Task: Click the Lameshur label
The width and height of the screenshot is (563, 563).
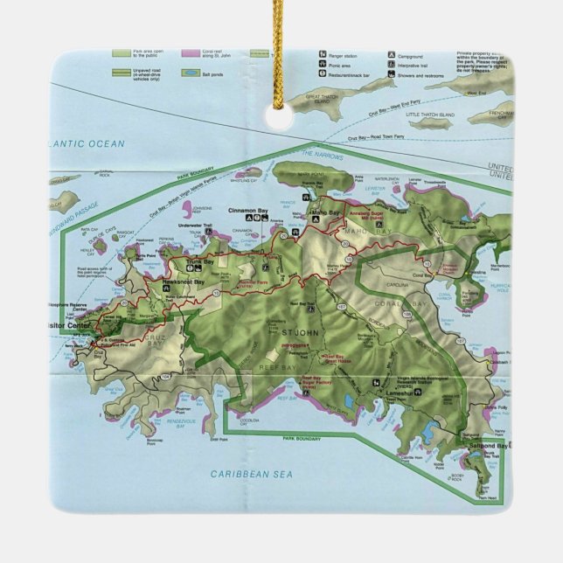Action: coord(401,394)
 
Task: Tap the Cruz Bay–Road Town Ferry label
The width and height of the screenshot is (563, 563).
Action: coord(377,137)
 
